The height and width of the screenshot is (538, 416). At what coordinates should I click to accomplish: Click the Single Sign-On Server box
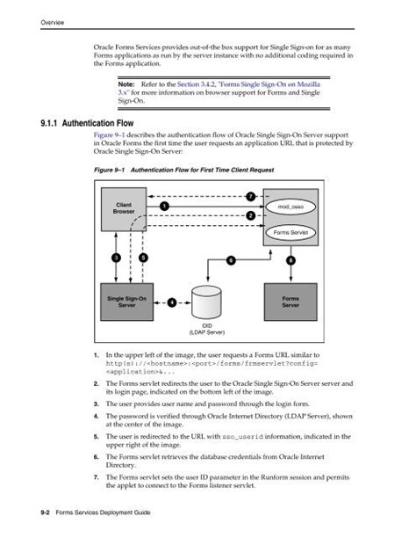[x=126, y=302]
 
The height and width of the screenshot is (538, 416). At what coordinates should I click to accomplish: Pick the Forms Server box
[x=290, y=302]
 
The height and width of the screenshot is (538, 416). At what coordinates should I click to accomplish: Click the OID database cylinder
[x=208, y=302]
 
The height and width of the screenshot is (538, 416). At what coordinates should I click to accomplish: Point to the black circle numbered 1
[x=163, y=206]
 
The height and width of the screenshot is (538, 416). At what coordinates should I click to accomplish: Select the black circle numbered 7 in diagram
[x=251, y=195]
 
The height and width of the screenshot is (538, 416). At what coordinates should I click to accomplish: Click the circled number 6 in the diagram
[x=231, y=260]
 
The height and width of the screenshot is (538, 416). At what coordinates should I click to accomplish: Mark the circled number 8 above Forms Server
[x=290, y=260]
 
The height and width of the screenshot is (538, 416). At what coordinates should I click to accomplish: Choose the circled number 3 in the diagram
[x=115, y=258]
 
